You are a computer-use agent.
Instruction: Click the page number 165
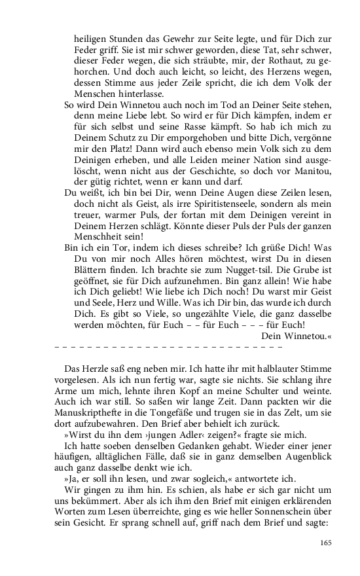327,542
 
